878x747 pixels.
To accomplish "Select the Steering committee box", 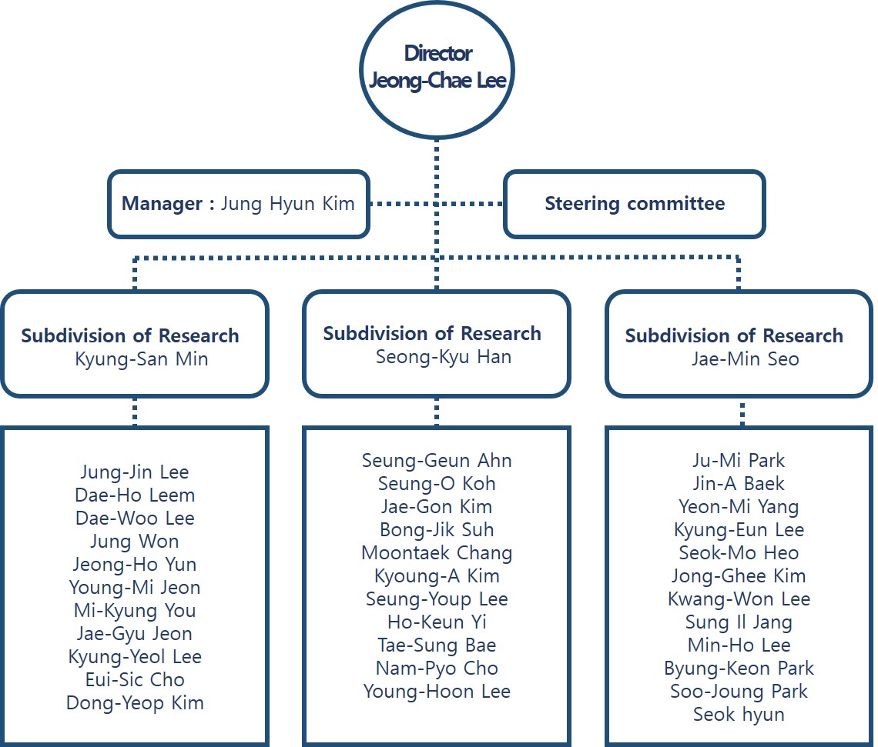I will [x=634, y=204].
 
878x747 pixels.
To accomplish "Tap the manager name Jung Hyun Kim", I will [x=287, y=204].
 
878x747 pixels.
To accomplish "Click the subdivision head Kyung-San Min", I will [x=141, y=359].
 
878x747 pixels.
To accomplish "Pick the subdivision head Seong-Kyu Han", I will [x=443, y=357].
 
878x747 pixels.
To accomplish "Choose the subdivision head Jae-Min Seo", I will [x=744, y=359].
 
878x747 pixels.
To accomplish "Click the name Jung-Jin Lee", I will [x=135, y=472].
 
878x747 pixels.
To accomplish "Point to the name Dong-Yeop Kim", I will [x=135, y=702].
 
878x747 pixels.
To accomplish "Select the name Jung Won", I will [x=135, y=542].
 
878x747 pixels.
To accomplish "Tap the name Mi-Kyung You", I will [x=135, y=611].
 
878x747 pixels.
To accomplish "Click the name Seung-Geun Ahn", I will [x=437, y=461].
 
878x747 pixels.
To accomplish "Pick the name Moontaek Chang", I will [x=437, y=553].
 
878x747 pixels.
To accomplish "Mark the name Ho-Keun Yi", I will [x=437, y=622].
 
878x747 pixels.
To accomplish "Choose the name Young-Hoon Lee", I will [x=437, y=692].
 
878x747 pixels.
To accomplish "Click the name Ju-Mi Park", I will [x=739, y=461].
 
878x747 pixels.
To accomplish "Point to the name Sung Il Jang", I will [x=739, y=622].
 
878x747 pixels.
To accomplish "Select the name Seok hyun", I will [x=739, y=715].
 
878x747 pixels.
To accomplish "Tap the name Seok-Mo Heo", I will [x=739, y=553].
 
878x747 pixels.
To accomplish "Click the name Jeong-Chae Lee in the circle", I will [x=437, y=81].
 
